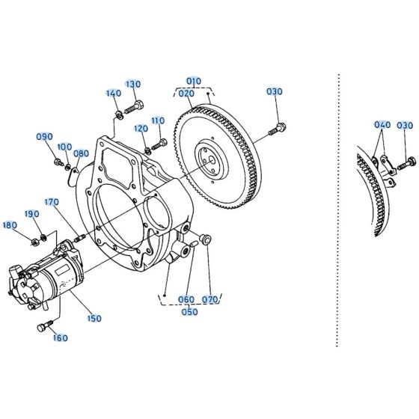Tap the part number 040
click(382, 125)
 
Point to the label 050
click(189, 311)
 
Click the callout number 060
click(186, 300)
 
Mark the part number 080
click(82, 153)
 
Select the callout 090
click(44, 136)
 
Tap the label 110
click(158, 120)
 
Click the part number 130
click(133, 84)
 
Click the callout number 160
click(60, 337)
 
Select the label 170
click(51, 201)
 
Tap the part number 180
click(10, 224)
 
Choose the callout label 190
click(32, 214)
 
